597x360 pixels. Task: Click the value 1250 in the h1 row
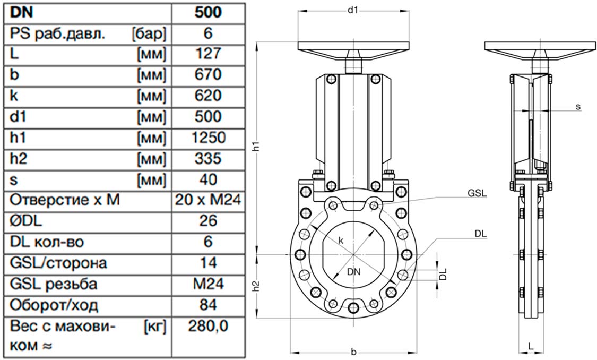click(208, 138)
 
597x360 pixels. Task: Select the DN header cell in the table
click(21, 12)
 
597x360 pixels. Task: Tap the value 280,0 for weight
click(208, 326)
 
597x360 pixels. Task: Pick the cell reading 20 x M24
click(208, 200)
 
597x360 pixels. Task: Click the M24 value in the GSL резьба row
click(208, 284)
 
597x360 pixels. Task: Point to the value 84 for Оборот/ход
click(208, 305)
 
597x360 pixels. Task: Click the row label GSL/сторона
click(58, 263)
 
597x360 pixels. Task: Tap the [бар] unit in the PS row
click(149, 34)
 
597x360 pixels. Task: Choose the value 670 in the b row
click(208, 75)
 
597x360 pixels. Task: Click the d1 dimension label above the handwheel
click(353, 10)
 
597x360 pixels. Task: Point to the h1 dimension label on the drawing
click(257, 147)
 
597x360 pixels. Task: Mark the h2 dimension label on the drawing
click(257, 286)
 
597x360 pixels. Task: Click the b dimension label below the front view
click(354, 352)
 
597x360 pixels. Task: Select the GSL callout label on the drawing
click(477, 193)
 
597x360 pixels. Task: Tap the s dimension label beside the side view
click(578, 107)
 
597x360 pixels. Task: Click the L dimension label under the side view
click(531, 346)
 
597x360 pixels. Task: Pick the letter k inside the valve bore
click(341, 241)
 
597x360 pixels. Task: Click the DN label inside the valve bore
click(354, 272)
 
